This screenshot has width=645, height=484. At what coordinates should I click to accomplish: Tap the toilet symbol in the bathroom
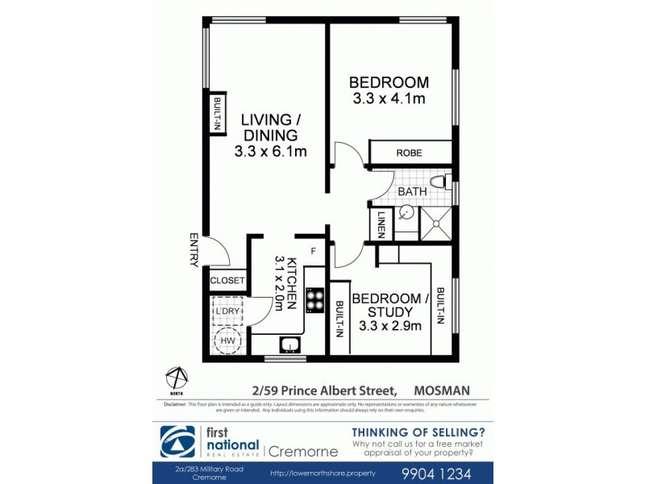pyautogui.click(x=437, y=182)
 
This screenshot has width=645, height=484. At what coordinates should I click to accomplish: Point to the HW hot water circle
pyautogui.click(x=228, y=340)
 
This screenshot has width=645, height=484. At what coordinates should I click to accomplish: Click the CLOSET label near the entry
pyautogui.click(x=227, y=281)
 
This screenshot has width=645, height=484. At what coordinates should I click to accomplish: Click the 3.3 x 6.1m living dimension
pyautogui.click(x=270, y=151)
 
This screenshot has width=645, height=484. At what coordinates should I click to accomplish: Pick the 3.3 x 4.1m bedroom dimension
pyautogui.click(x=389, y=99)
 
